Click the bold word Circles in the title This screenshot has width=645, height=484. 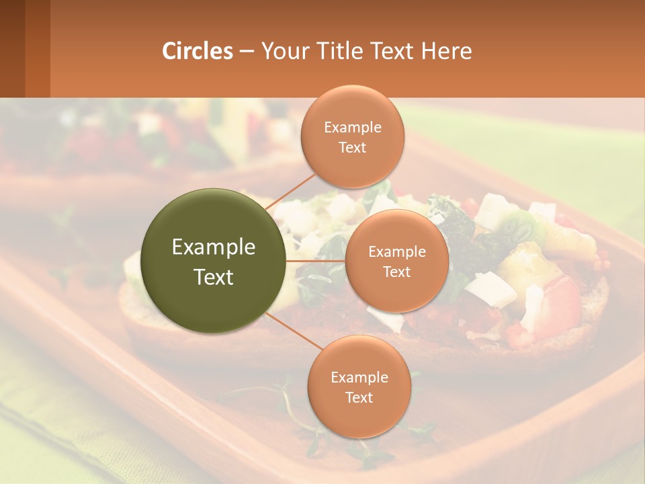point(198,51)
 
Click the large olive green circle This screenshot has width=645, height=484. point(214,261)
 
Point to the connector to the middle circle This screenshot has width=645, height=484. point(316,260)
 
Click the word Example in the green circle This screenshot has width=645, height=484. point(214,247)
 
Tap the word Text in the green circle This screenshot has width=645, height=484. point(214,277)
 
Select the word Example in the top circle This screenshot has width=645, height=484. point(353,127)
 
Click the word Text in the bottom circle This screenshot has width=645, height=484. point(359,397)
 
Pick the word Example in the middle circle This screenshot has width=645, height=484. point(397,251)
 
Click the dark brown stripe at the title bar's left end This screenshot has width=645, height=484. point(12,48)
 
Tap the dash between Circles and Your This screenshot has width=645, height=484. point(247,51)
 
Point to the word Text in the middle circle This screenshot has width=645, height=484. point(397,272)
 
